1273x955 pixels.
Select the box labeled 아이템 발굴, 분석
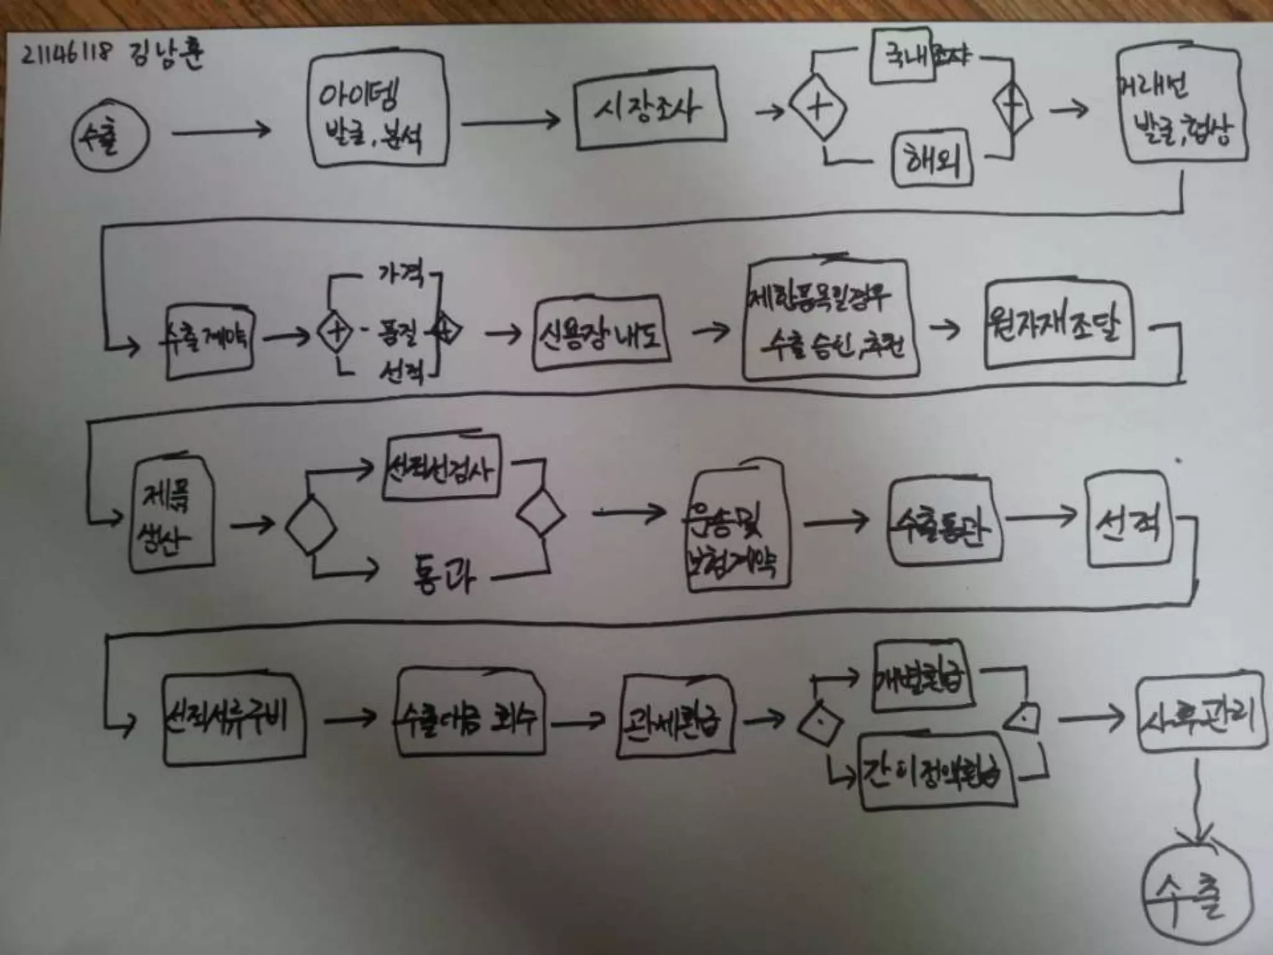377,112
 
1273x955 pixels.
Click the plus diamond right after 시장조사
818,108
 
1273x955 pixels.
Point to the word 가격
401,274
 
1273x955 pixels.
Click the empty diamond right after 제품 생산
311,526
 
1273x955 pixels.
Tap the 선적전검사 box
441,468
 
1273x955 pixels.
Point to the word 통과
444,574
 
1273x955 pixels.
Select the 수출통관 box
945,523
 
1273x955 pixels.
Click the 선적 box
1129,520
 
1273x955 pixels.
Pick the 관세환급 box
675,717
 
